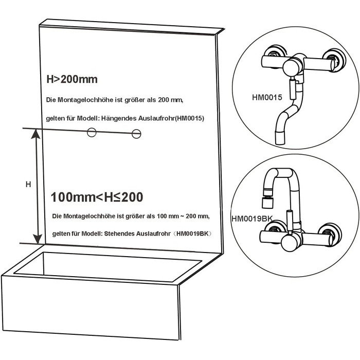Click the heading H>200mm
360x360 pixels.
coord(72,79)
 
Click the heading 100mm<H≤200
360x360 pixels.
coord(97,197)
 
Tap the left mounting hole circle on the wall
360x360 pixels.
coord(92,132)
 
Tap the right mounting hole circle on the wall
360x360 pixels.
coord(136,134)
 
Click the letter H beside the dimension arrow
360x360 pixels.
coord(28,184)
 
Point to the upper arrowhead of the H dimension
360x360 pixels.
coord(36,134)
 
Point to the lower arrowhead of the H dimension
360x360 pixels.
coord(38,239)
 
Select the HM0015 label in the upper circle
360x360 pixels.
coord(267,97)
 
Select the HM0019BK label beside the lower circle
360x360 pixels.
coord(252,219)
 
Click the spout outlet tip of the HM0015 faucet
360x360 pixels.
coord(280,138)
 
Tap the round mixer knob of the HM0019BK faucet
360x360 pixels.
coord(290,243)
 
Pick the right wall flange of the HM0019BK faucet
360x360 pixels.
coord(330,234)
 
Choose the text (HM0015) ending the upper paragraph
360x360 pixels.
coord(189,118)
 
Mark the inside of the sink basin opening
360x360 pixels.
coord(108,266)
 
